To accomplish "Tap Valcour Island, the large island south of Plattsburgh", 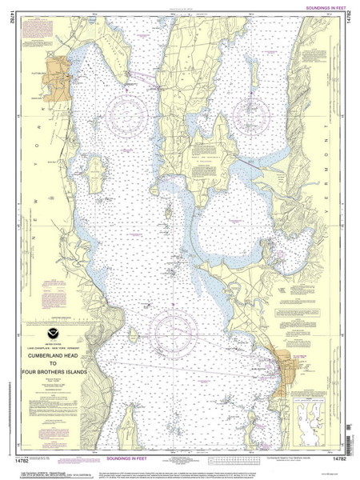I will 94,170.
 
